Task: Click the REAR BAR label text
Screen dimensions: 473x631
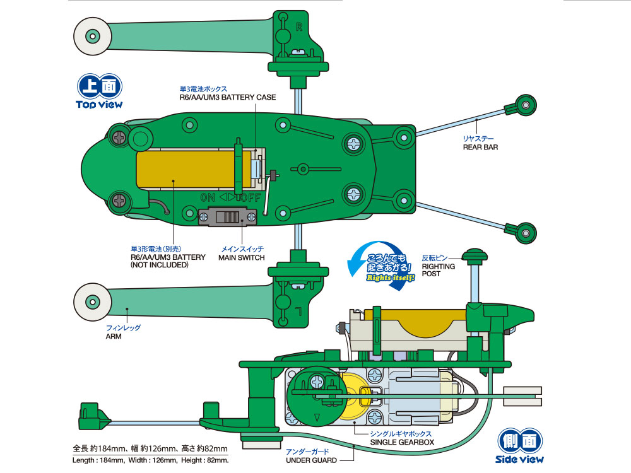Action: (480, 147)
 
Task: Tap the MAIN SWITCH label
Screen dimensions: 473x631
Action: (242, 257)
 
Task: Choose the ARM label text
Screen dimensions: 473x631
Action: (113, 336)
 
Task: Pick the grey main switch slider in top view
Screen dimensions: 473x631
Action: (228, 218)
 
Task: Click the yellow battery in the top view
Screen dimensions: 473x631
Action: (183, 168)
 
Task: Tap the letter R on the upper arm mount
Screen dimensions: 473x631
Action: (300, 26)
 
